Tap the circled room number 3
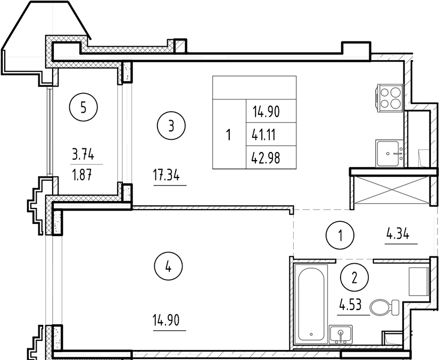(x=170, y=126)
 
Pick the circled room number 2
(x=354, y=275)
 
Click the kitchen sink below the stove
(x=391, y=154)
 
